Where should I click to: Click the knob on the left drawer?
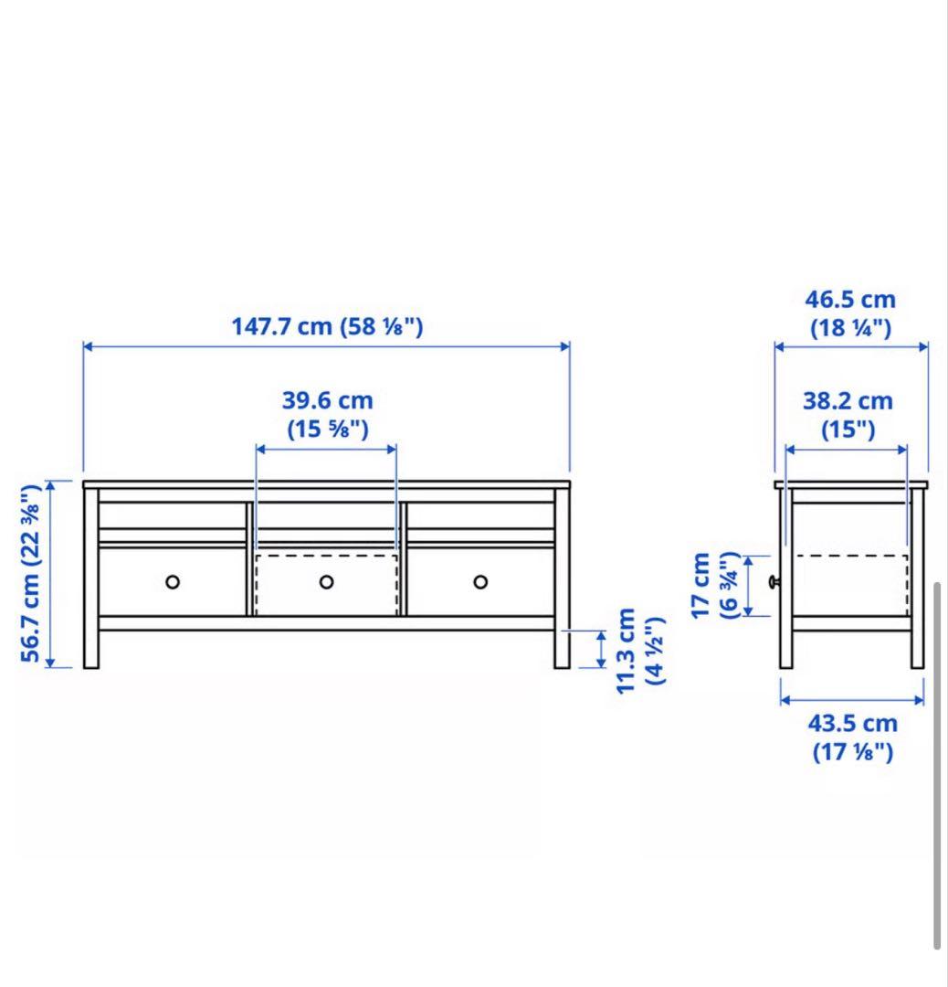[173, 581]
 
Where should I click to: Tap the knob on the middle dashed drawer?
[326, 581]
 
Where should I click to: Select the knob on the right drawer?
[480, 581]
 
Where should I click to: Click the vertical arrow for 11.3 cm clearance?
[601, 649]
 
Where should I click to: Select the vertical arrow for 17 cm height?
[749, 585]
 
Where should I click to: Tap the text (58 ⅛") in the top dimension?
[382, 326]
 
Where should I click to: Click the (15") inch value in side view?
[848, 429]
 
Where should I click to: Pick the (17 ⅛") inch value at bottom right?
[852, 752]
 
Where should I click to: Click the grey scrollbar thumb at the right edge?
[937, 763]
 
